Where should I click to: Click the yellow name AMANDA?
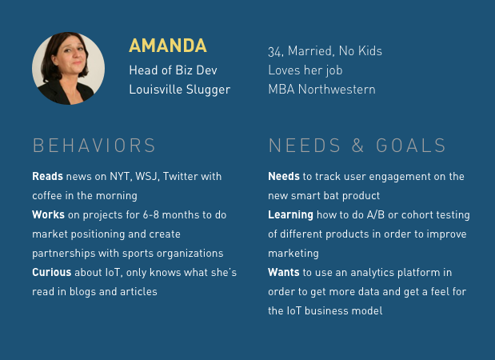point(168,46)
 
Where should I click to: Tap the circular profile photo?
point(68,68)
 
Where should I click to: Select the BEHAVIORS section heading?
point(94,146)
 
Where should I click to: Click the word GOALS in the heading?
point(411,146)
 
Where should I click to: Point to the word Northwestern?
point(337,90)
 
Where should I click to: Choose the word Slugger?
point(209,90)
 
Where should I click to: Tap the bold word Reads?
point(47,176)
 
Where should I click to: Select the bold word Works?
point(48,214)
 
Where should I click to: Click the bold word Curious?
point(52,272)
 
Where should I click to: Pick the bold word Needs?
point(284,176)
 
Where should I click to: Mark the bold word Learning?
point(290,215)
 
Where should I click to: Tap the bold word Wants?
point(284,272)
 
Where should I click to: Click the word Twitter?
point(180,176)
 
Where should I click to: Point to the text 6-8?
point(150,214)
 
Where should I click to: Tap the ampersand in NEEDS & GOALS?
point(357,146)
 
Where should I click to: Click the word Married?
point(310,51)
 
